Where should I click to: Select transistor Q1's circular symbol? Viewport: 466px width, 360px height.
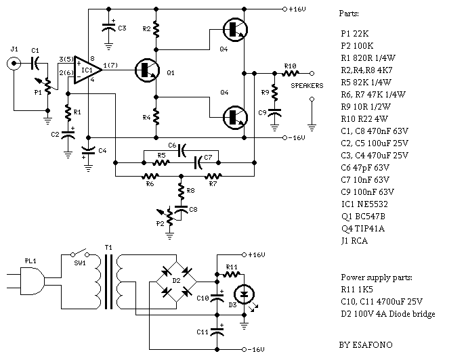pos(145,70)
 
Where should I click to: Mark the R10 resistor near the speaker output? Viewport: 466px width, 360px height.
pos(289,72)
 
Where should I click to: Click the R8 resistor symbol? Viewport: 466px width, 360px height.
pos(181,190)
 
